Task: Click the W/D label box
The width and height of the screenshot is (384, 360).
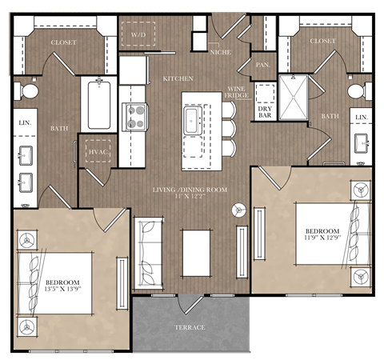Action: [138, 34]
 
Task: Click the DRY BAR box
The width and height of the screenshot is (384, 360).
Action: [264, 112]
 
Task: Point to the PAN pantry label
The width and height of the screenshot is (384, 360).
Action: [262, 64]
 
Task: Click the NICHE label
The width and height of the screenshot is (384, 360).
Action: [220, 53]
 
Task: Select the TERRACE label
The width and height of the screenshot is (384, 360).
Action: [190, 327]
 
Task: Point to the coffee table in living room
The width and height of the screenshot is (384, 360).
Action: [195, 252]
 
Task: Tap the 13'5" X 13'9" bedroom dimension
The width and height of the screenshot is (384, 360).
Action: [64, 287]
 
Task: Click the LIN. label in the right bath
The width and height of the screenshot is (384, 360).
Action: [361, 118]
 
